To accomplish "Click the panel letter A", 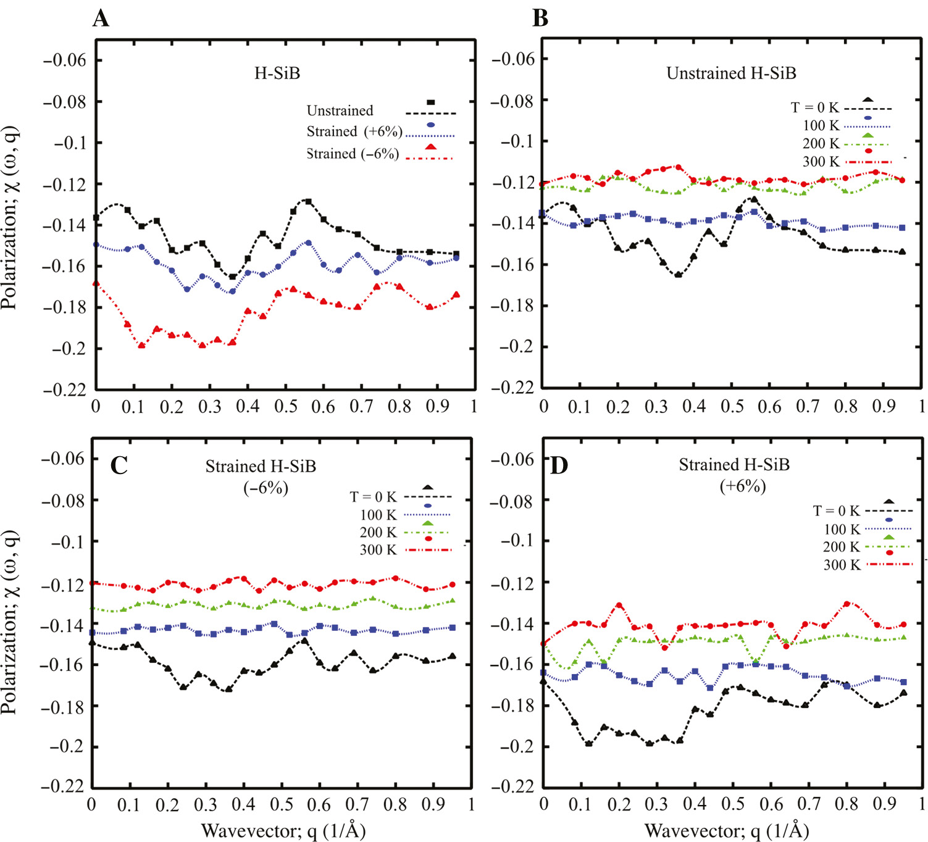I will [101, 18].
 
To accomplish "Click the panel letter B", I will [540, 18].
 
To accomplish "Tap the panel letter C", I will [119, 464].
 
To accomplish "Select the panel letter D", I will [558, 465].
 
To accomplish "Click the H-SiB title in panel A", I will [277, 73].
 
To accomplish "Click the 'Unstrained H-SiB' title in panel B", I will [731, 73].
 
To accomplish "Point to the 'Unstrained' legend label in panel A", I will [340, 110].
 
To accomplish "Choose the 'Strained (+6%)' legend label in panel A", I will [354, 131].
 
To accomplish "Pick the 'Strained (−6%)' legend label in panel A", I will [353, 154].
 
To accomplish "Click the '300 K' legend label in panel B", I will [821, 162].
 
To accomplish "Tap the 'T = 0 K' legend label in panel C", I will [373, 497].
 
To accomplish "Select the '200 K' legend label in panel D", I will [841, 547].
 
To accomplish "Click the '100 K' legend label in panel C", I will [378, 515].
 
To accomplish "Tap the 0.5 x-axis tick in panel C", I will [282, 804].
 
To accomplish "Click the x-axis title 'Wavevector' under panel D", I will [727, 831].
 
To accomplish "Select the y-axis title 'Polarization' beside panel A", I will [10, 217].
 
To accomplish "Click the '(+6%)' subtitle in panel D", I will [743, 486].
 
